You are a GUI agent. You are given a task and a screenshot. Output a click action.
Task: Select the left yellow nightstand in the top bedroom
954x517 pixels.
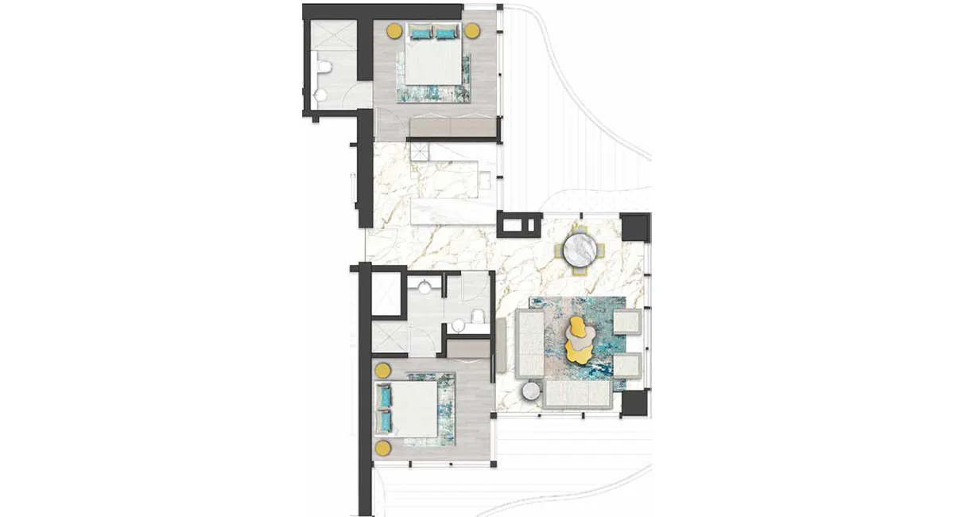(x=394, y=31)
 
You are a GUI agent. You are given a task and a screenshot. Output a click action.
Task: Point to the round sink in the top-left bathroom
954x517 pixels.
(x=320, y=95)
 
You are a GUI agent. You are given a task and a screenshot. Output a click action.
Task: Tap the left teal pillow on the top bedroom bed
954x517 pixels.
(x=420, y=33)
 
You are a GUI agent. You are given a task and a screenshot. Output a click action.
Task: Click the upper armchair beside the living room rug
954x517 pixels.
(x=627, y=322)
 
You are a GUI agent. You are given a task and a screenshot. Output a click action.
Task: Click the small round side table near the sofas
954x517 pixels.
(x=531, y=391)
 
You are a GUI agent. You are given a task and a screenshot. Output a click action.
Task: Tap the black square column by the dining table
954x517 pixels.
(x=635, y=228)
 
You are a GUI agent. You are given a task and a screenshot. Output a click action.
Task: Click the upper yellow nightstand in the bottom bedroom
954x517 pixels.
(x=382, y=371)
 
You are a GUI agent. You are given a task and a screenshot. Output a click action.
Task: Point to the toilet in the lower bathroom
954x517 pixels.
(x=479, y=318)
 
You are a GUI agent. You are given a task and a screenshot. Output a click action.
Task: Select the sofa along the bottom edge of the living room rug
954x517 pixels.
(x=577, y=394)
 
